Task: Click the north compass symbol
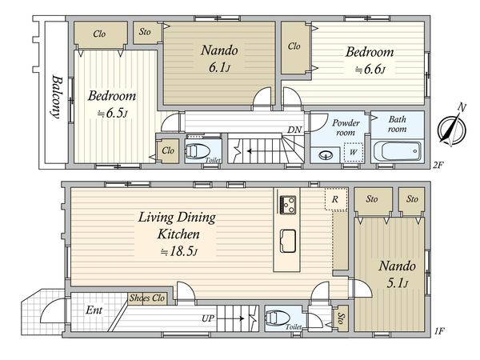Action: (x=452, y=130)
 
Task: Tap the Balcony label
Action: (x=56, y=97)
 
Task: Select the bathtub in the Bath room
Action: (x=398, y=151)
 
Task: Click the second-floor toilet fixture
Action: (x=198, y=151)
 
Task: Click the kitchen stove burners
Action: (x=288, y=205)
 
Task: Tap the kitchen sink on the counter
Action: (x=288, y=242)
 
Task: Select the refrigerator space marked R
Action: (x=336, y=199)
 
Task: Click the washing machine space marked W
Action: (x=353, y=152)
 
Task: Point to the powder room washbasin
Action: (x=326, y=155)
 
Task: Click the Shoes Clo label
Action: (x=147, y=298)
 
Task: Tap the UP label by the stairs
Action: (x=208, y=318)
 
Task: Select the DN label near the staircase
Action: (x=294, y=130)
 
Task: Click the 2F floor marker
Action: (x=438, y=166)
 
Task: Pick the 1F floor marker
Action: (x=439, y=330)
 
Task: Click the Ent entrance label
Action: (x=94, y=310)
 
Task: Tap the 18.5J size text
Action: (x=179, y=252)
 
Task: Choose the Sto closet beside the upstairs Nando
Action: (x=145, y=31)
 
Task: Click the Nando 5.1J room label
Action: (x=397, y=274)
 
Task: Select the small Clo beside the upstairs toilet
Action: (x=168, y=150)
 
